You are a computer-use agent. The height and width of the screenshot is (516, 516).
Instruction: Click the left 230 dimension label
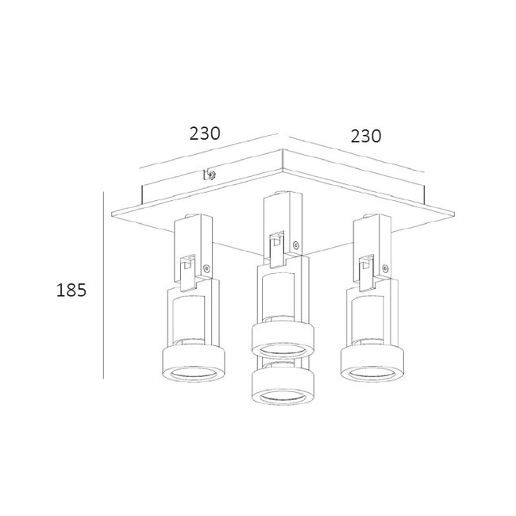point(205,133)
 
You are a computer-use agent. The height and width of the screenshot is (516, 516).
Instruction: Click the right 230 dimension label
point(365,136)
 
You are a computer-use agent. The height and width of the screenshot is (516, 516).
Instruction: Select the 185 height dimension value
point(71,290)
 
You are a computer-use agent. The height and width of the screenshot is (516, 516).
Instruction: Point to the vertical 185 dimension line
point(106,286)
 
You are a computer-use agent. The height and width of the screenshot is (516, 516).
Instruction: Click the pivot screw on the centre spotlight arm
point(296,245)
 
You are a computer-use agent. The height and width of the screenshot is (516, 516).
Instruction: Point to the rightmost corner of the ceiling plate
point(455,210)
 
